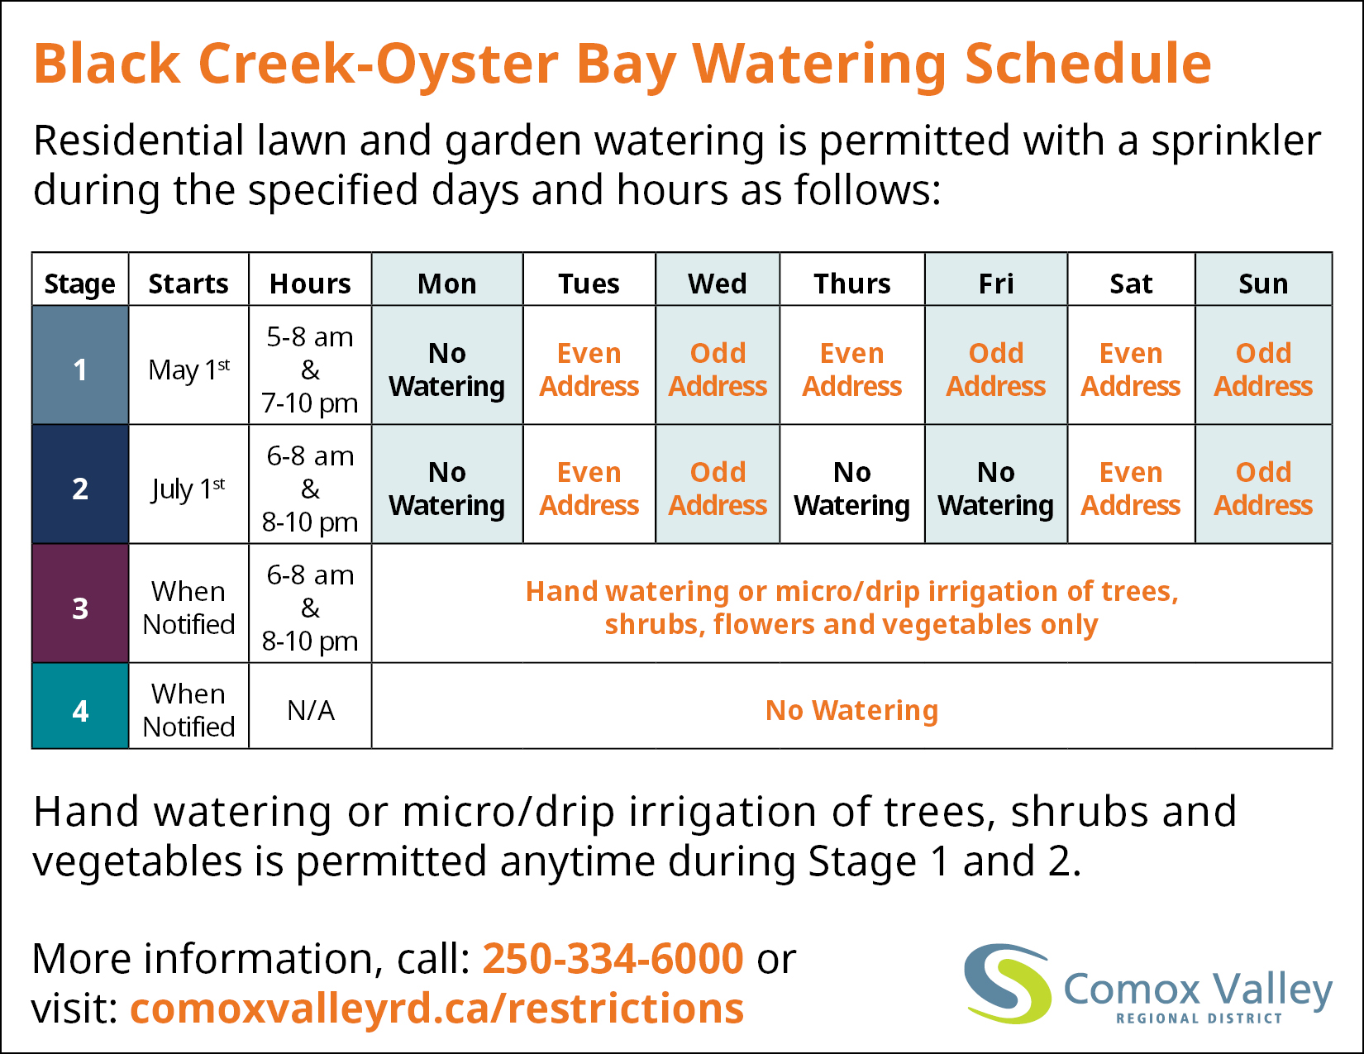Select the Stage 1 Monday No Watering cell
click(447, 365)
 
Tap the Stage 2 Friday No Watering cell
click(995, 484)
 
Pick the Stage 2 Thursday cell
click(851, 484)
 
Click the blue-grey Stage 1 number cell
click(80, 365)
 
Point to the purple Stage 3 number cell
click(80, 603)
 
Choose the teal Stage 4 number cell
click(80, 706)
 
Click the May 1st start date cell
click(189, 365)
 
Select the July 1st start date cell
click(189, 484)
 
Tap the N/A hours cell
click(310, 706)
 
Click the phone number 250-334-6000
click(613, 959)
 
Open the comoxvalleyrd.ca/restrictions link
click(436, 1009)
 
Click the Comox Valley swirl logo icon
click(1007, 983)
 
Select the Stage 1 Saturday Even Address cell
click(1131, 365)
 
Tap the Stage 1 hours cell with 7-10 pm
click(310, 365)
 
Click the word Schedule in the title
click(1088, 64)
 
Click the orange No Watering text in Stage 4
click(851, 711)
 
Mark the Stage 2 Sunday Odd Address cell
click(1263, 484)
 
